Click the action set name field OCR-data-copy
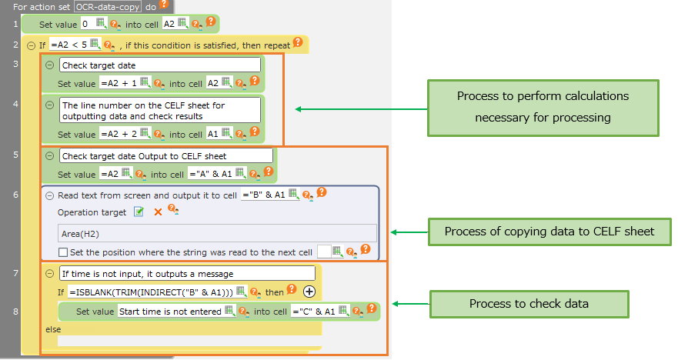pyautogui.click(x=112, y=5)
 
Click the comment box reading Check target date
pyautogui.click(x=159, y=65)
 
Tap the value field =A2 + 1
pyautogui.click(x=116, y=82)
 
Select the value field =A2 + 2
pyautogui.click(x=116, y=134)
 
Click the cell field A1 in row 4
pyautogui.click(x=216, y=134)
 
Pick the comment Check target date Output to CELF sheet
pyautogui.click(x=165, y=156)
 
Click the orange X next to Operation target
pyautogui.click(x=158, y=212)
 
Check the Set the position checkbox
pyautogui.click(x=63, y=252)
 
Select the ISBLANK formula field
pyautogui.click(x=150, y=292)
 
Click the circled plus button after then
pyautogui.click(x=309, y=292)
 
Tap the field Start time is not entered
pyautogui.click(x=169, y=311)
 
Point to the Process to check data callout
pyautogui.click(x=529, y=303)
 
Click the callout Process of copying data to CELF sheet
pyautogui.click(x=549, y=231)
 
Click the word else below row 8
pyautogui.click(x=53, y=329)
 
